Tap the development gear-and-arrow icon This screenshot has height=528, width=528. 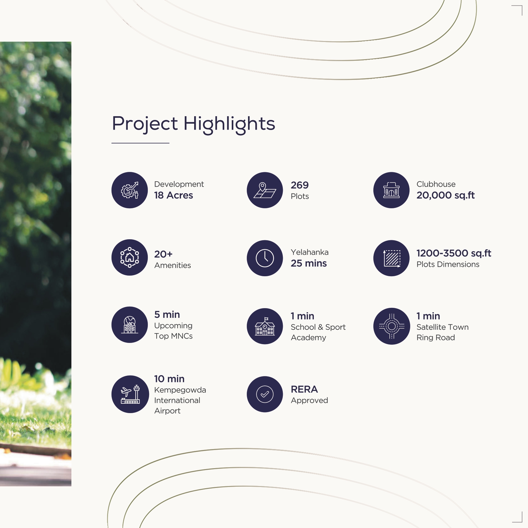pyautogui.click(x=130, y=190)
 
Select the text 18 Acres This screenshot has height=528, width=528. pyautogui.click(x=173, y=195)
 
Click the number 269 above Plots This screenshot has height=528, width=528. pyautogui.click(x=300, y=185)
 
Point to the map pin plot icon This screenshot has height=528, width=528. pyautogui.click(x=265, y=190)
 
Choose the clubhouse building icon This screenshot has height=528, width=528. pyautogui.click(x=391, y=190)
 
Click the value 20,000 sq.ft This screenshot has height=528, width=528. pyautogui.click(x=446, y=195)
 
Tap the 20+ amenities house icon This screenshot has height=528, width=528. pyautogui.click(x=130, y=257)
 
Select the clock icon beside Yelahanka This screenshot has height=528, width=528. pyautogui.click(x=265, y=258)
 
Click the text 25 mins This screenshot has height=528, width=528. pyautogui.click(x=309, y=263)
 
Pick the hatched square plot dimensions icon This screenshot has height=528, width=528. pyautogui.click(x=391, y=258)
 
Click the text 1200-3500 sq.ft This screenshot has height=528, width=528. pyautogui.click(x=454, y=253)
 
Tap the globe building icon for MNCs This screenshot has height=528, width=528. pyautogui.click(x=130, y=325)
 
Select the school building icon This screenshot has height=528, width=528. pyautogui.click(x=265, y=326)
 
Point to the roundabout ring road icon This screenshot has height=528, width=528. pyautogui.click(x=391, y=326)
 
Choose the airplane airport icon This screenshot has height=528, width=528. pyautogui.click(x=130, y=394)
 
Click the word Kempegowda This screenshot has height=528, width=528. pyautogui.click(x=180, y=390)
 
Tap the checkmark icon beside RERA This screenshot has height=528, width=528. pyautogui.click(x=265, y=394)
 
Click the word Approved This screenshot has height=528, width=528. pyautogui.click(x=309, y=401)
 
